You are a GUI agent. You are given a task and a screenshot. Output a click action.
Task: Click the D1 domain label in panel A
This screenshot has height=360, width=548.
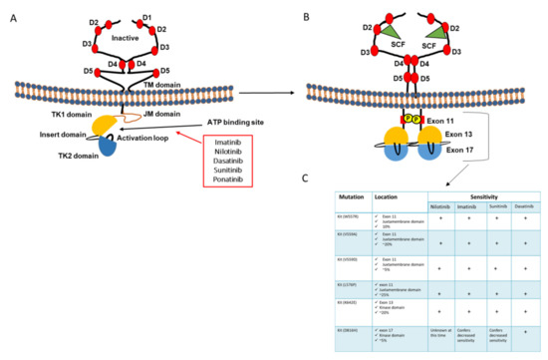pyautogui.click(x=147, y=17)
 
